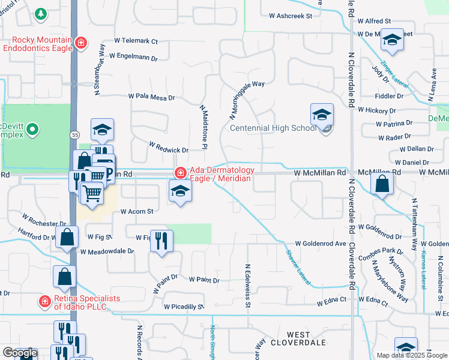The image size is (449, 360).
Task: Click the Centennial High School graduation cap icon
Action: [322, 114]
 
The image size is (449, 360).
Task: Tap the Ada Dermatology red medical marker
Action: [179, 173]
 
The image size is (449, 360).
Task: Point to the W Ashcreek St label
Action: [291, 16]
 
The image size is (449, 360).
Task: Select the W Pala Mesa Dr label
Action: [151, 97]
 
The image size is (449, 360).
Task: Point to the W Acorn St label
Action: [137, 211]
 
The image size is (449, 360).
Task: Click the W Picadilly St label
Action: [184, 307]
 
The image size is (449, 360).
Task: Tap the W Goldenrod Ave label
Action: [321, 244]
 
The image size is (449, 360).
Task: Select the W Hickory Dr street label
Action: [377, 110]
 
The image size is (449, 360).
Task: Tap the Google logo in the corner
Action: [20, 353]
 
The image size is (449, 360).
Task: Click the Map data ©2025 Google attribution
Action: [412, 355]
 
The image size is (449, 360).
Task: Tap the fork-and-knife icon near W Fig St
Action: [162, 241]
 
